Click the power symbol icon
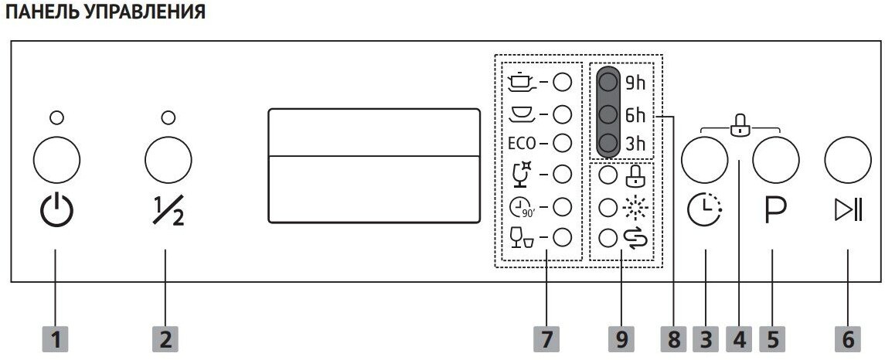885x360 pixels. tap(56, 211)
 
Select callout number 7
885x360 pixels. tap(548, 338)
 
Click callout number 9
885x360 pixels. tap(622, 338)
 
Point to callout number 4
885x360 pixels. tap(740, 338)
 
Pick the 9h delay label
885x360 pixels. tap(635, 83)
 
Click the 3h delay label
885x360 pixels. tap(635, 144)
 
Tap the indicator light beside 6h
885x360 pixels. tap(608, 114)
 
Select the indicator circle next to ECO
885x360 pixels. tap(562, 143)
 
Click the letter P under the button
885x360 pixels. tap(774, 211)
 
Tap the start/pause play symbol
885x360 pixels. tap(847, 211)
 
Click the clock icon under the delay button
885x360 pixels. tap(704, 211)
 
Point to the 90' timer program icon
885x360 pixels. tap(522, 206)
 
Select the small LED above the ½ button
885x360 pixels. tap(167, 117)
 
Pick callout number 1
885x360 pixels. tap(56, 338)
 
